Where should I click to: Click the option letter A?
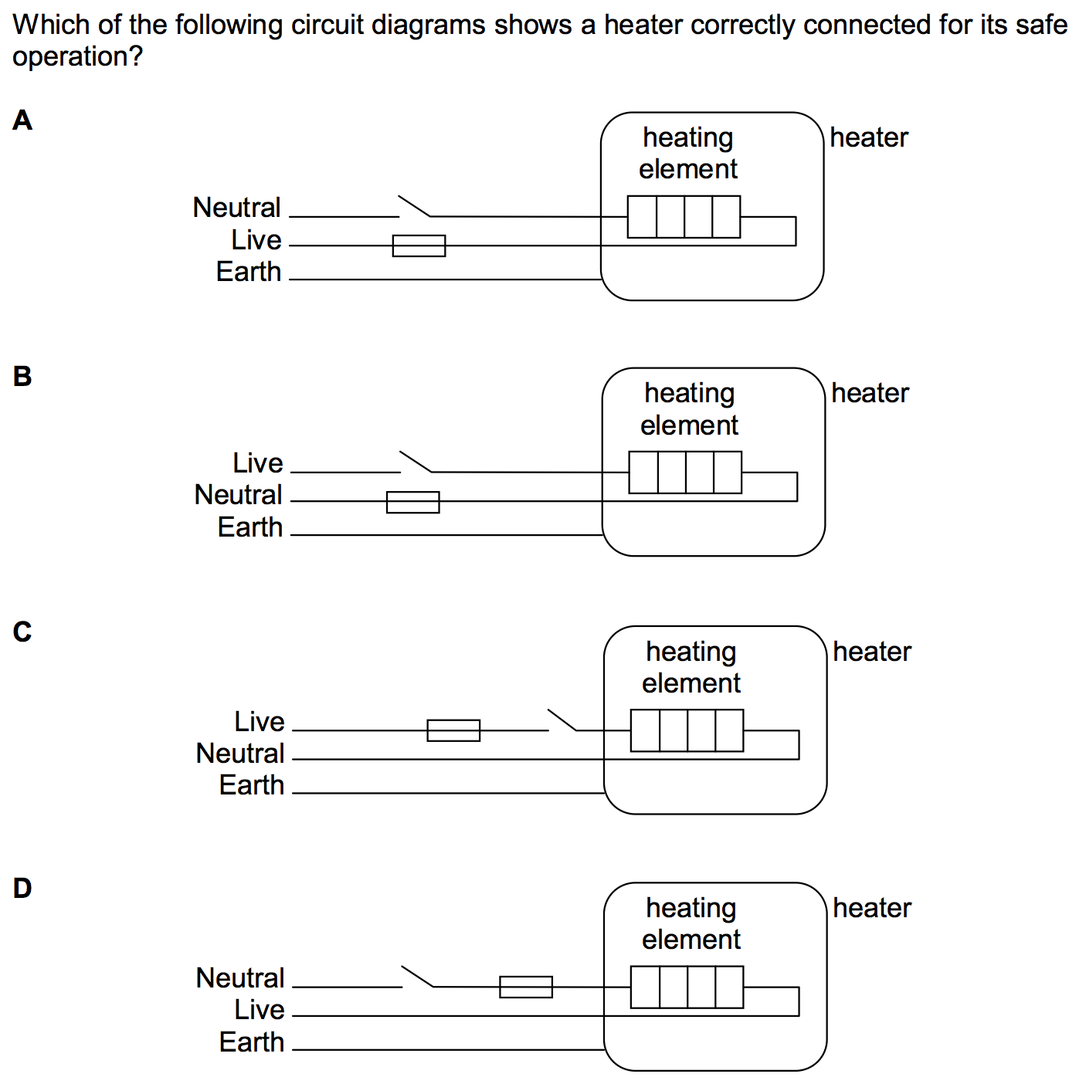(22, 120)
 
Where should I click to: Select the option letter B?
(22, 376)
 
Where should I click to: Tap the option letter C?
(22, 632)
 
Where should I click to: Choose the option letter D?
(22, 888)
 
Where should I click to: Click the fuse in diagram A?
(419, 246)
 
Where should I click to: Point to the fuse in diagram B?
(412, 502)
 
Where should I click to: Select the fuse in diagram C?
(453, 730)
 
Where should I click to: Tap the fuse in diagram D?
(526, 987)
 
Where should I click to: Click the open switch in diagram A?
(414, 207)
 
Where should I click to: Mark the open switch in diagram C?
(562, 720)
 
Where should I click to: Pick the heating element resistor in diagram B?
(685, 473)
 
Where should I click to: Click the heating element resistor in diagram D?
(687, 987)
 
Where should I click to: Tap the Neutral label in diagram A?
(236, 208)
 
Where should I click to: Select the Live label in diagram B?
(258, 463)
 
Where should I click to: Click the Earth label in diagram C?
(252, 785)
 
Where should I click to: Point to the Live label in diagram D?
(260, 1010)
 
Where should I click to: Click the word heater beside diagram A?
(869, 137)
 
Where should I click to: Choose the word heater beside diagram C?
(872, 652)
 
